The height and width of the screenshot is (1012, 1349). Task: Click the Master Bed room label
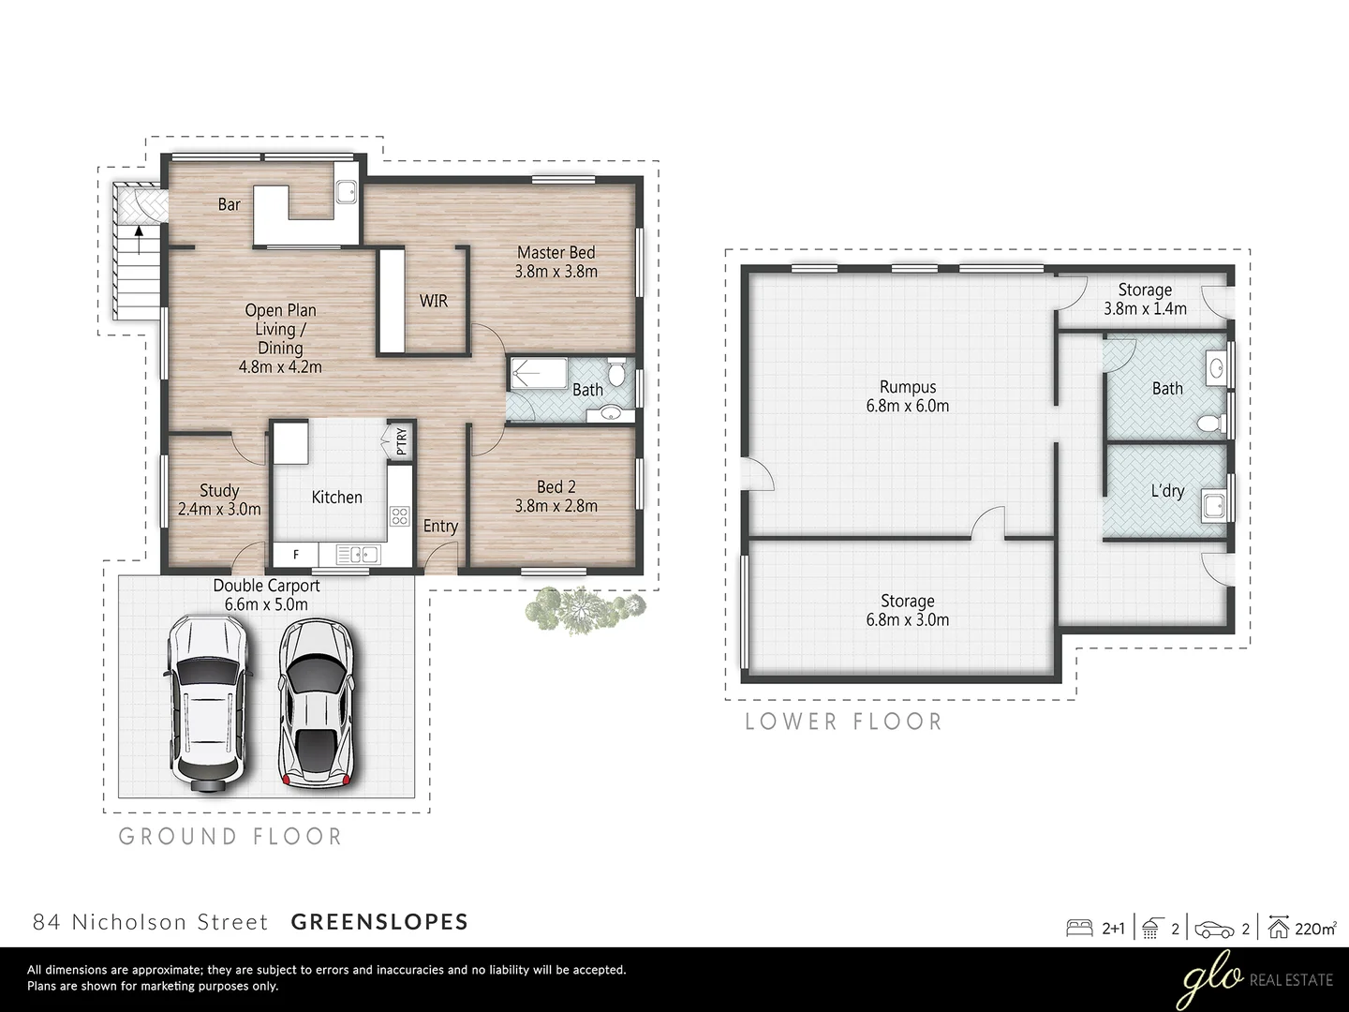(x=556, y=261)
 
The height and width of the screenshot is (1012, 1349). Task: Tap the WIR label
(x=433, y=301)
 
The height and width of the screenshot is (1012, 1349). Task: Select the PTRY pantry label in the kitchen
(x=401, y=440)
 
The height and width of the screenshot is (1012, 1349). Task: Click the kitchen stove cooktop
(x=399, y=514)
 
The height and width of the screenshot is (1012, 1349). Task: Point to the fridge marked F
(x=295, y=555)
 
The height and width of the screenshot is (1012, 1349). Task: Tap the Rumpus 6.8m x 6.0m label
(x=907, y=396)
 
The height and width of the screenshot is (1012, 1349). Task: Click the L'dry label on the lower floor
(x=1167, y=491)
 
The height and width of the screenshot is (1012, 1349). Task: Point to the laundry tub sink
(x=1213, y=507)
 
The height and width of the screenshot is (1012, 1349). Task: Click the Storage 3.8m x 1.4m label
(x=1144, y=299)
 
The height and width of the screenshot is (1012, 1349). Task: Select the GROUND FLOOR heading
(x=230, y=836)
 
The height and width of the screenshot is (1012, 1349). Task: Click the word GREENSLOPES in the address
(x=379, y=922)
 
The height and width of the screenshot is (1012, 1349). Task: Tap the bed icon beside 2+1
(x=1080, y=929)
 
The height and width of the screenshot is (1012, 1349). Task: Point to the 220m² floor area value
(x=1315, y=929)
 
